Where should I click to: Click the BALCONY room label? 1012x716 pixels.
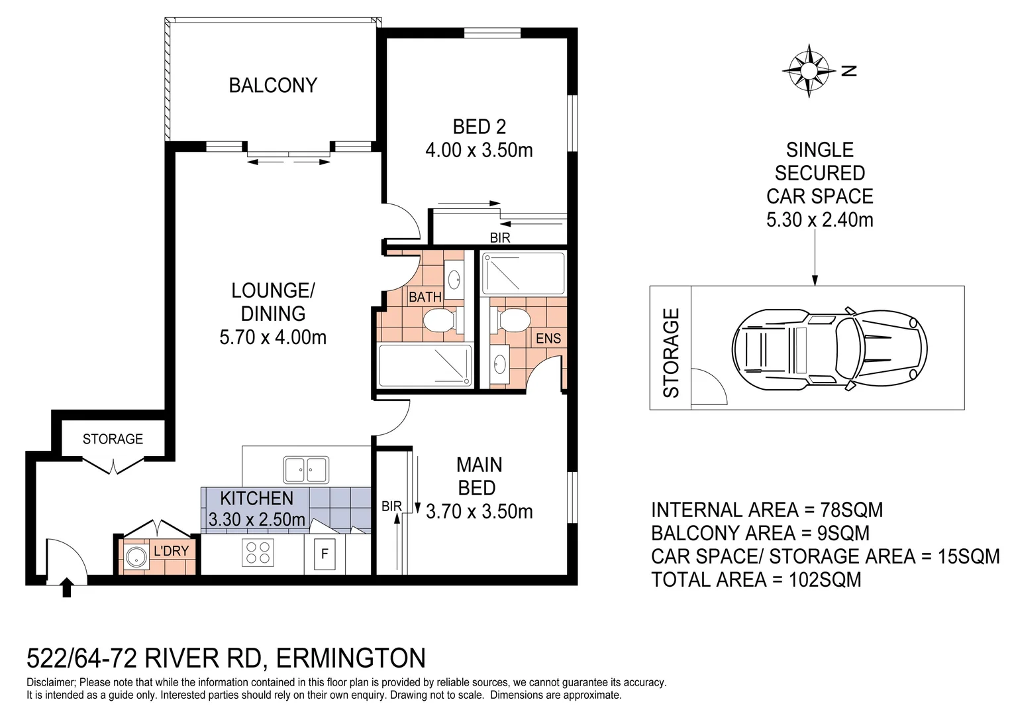coord(273,86)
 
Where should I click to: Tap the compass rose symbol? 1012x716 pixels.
coord(809,70)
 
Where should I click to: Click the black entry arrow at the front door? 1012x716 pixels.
coord(66,587)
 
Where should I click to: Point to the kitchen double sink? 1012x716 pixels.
coord(305,470)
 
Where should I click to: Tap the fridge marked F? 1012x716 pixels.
coord(325,554)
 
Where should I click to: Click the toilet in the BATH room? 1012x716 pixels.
coord(438,323)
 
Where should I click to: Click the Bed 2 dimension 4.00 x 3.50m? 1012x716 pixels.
coord(479,150)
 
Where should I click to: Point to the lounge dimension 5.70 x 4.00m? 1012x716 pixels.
coord(273,337)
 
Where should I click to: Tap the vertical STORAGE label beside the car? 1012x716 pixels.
coord(671,353)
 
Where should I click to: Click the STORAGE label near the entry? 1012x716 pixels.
coord(113,439)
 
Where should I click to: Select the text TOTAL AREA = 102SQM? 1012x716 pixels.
coord(756,580)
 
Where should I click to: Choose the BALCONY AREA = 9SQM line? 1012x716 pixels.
coord(760,534)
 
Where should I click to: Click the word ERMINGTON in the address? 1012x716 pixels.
coord(350,658)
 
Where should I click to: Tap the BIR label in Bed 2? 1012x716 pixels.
coord(500,237)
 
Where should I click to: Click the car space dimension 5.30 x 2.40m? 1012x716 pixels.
coord(819,219)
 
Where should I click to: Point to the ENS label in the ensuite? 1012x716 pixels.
coord(548,339)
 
